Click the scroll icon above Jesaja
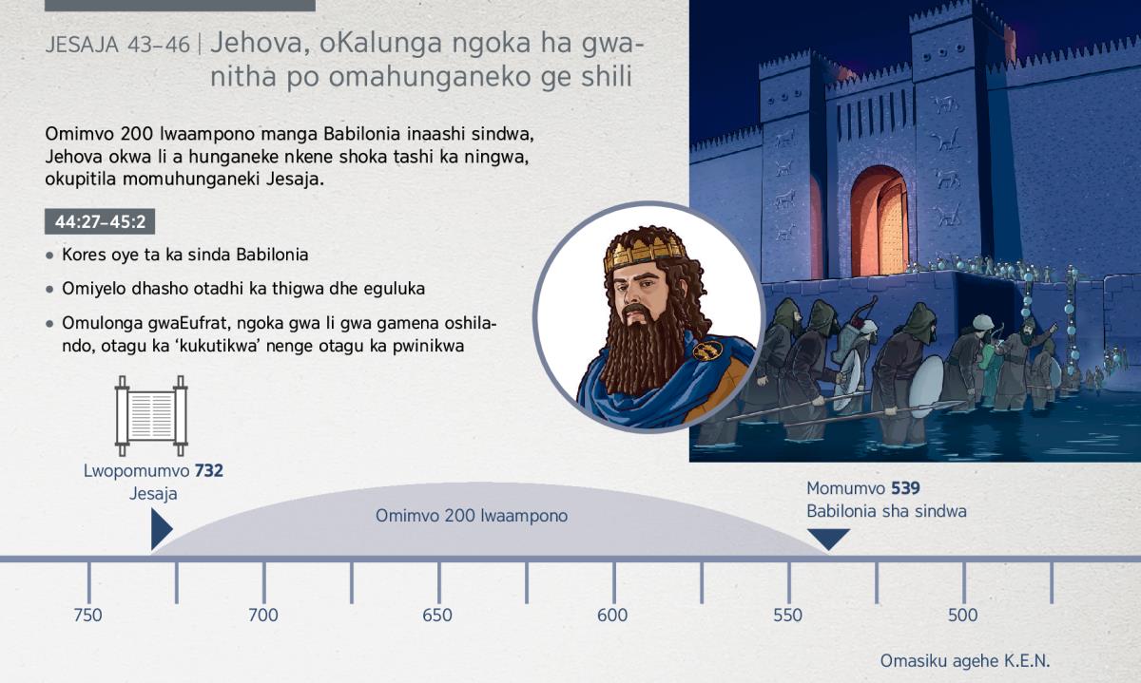pos(151,416)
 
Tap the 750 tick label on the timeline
pos(87,616)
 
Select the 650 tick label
pos(437,616)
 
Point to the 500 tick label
pos(962,616)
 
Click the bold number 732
pos(209,471)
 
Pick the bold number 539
pos(905,488)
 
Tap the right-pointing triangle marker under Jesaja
pos(162,529)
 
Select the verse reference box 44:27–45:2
pos(100,221)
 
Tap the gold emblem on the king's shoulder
pos(707,351)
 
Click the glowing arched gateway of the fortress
pos(880,221)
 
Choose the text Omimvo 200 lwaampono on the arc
pos(472,516)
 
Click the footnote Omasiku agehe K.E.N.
pos(965,661)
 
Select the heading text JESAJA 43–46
pos(118,45)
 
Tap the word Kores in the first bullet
pos(85,255)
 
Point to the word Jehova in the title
pos(261,43)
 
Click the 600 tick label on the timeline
pos(612,616)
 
